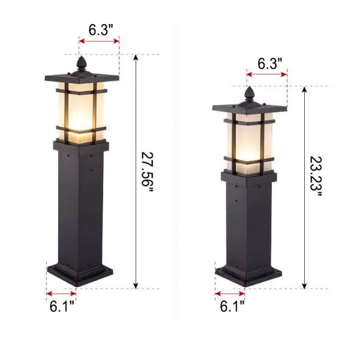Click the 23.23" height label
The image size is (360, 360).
point(316,178)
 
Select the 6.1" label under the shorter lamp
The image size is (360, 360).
point(230,307)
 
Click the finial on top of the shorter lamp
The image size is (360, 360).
point(249,93)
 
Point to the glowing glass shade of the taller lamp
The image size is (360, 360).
point(81,111)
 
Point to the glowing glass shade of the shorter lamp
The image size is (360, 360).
point(248,141)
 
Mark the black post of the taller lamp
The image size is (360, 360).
point(81,204)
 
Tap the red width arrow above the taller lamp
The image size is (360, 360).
point(99,42)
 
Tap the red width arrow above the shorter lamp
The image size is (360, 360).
point(267,75)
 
